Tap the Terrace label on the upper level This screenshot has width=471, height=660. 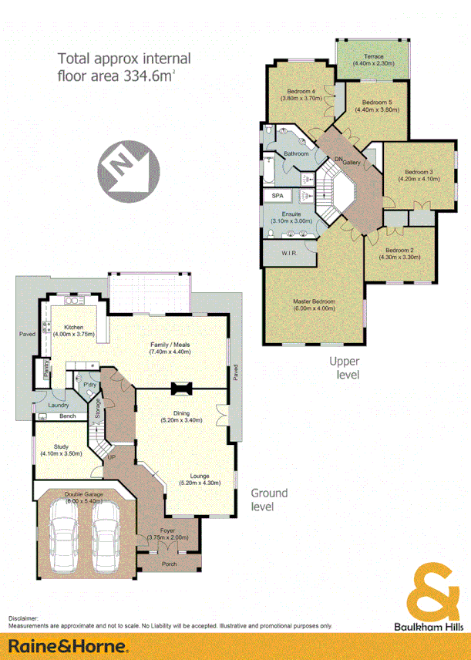[375, 56]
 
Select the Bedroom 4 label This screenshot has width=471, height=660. [302, 94]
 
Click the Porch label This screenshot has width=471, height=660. [169, 564]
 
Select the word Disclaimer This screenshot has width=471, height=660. [24, 618]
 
